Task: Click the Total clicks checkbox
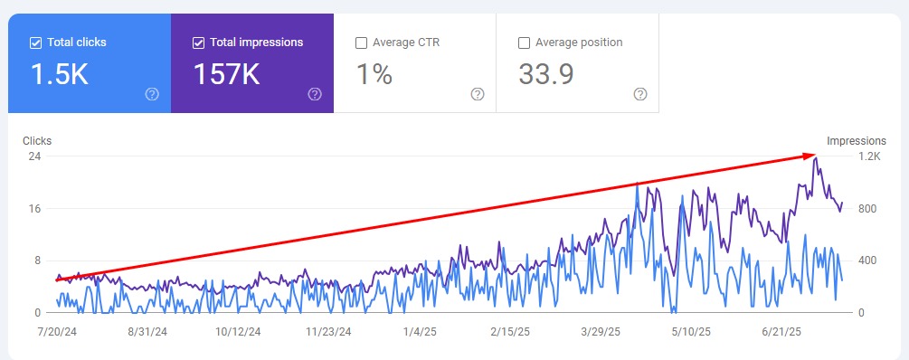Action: click(35, 43)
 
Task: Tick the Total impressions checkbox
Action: click(198, 43)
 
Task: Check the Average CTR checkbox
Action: click(361, 43)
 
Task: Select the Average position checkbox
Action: click(524, 43)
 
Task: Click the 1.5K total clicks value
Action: click(60, 74)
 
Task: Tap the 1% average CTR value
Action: click(374, 74)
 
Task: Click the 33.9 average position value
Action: click(546, 74)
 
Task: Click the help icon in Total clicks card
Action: click(152, 94)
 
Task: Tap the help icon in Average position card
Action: click(640, 94)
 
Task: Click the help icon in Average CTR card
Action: click(478, 94)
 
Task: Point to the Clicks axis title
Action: click(37, 141)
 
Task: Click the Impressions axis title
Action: click(856, 141)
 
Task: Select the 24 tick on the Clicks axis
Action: click(34, 156)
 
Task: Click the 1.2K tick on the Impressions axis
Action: click(868, 156)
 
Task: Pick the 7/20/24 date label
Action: click(57, 332)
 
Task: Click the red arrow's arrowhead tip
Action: click(818, 155)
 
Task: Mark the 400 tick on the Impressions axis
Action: click(867, 261)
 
